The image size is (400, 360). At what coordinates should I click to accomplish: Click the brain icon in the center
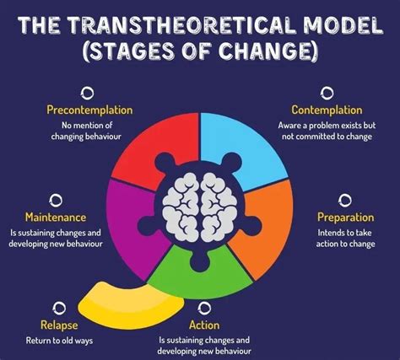point(200,206)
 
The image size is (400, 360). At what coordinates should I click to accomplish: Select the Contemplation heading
point(327,110)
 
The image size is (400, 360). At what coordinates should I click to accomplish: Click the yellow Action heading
point(204,325)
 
